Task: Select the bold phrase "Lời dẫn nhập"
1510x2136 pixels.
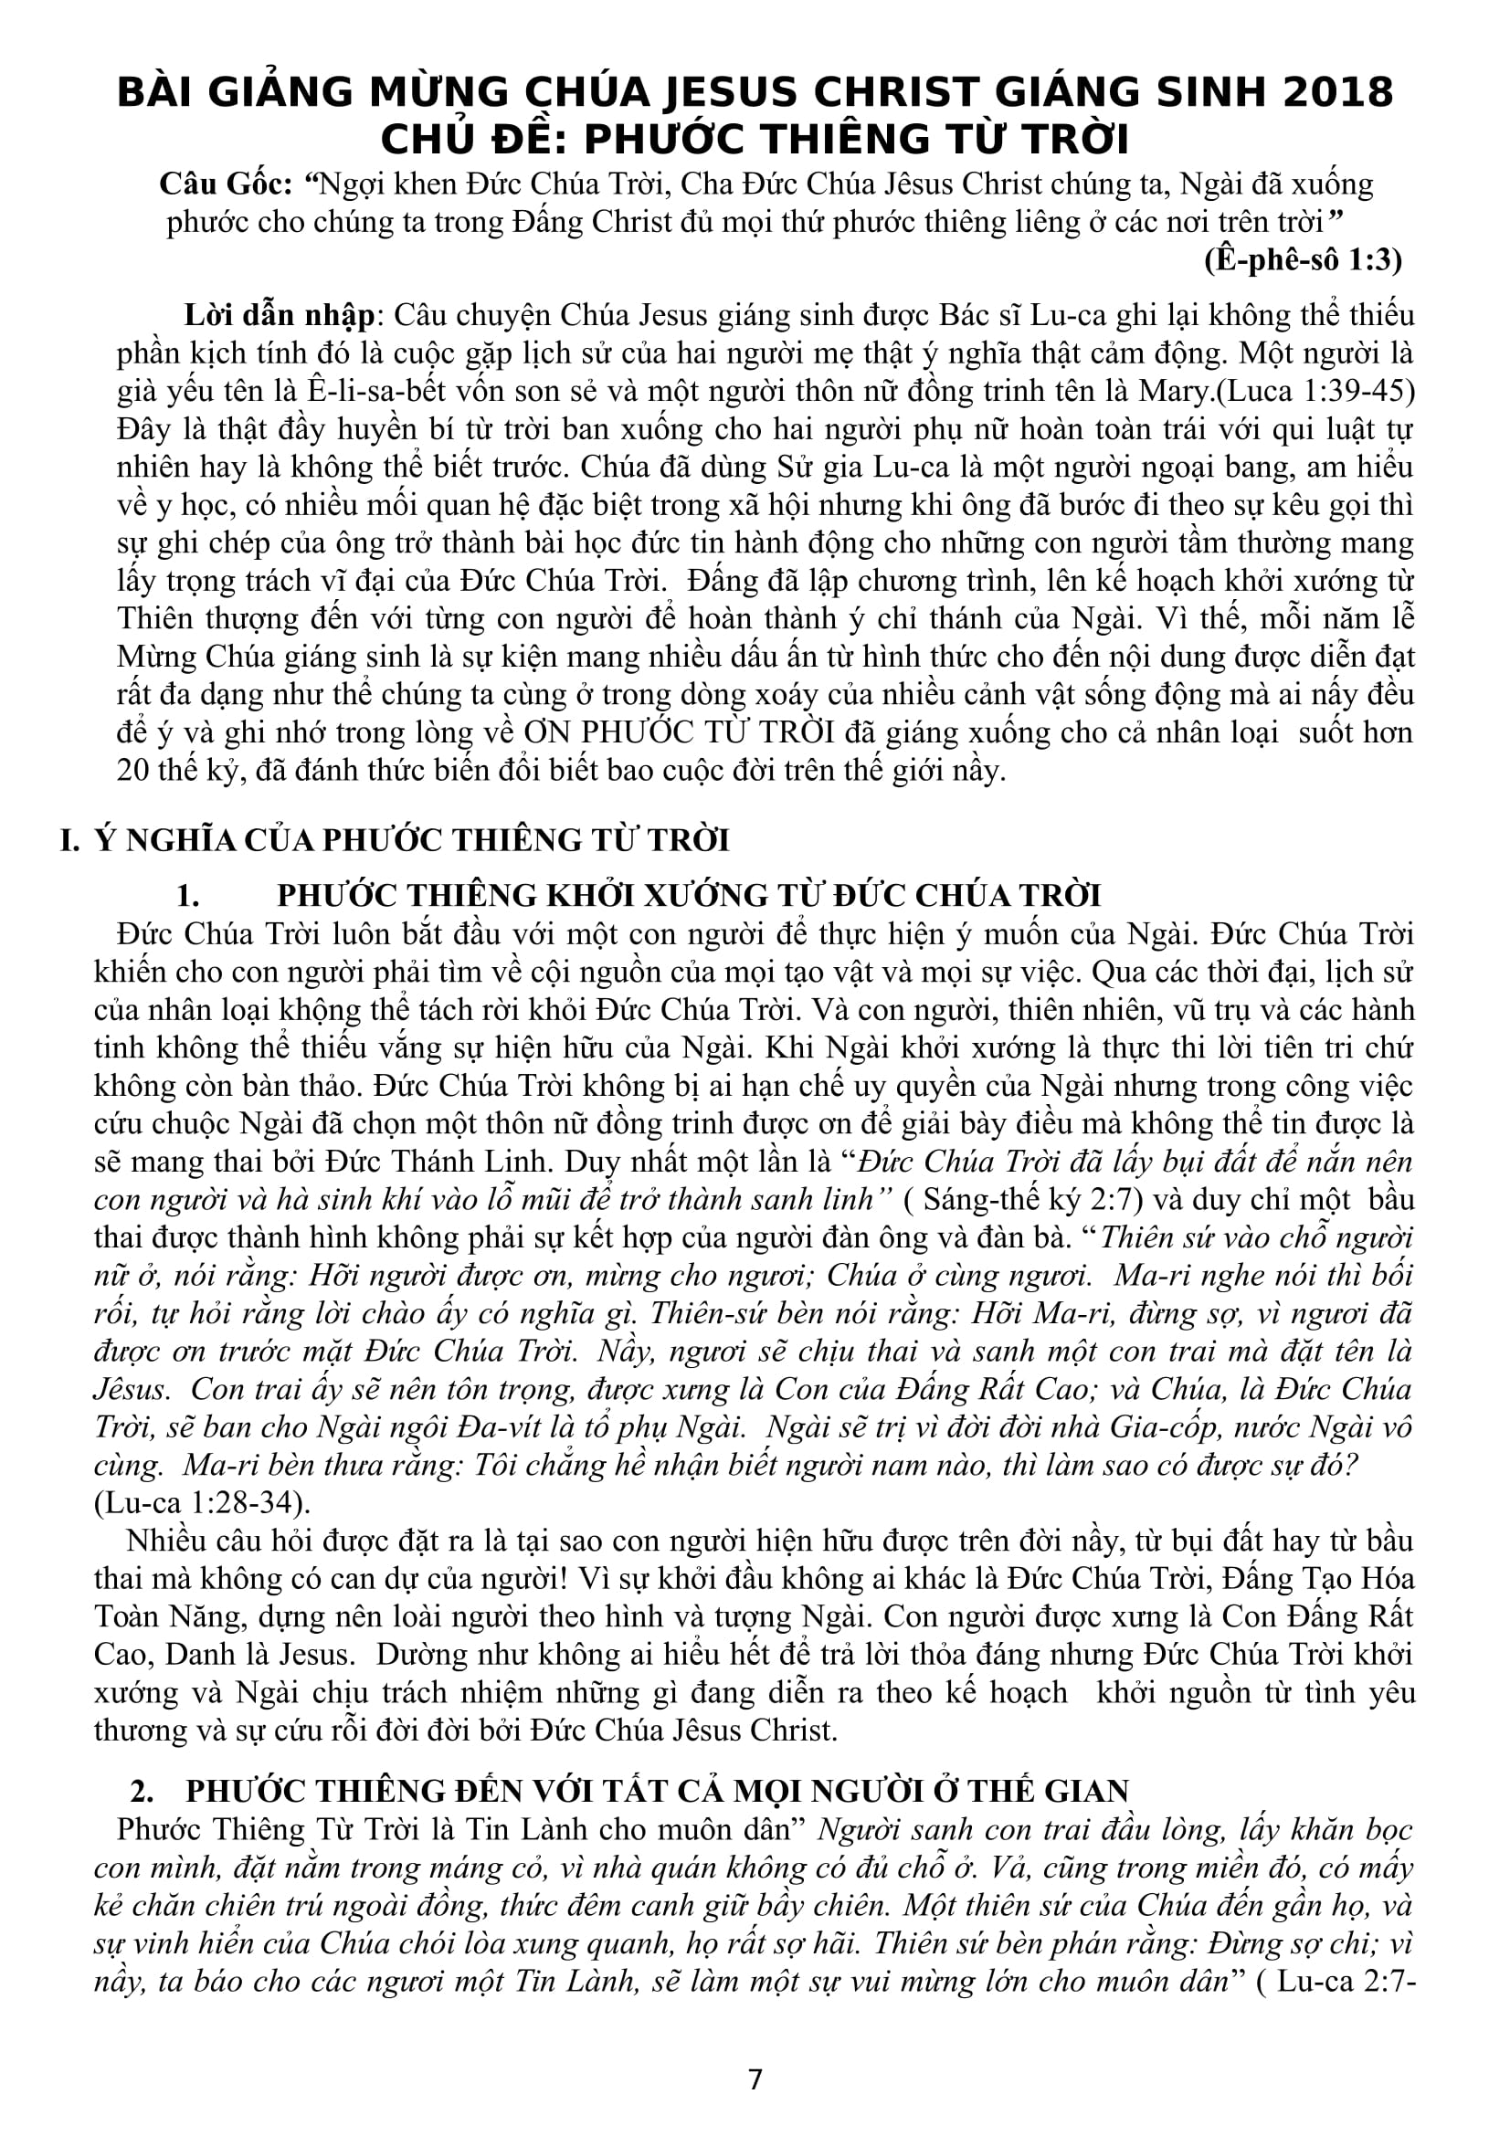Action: pyautogui.click(x=279, y=315)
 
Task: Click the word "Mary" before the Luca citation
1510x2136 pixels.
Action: pyautogui.click(x=1173, y=392)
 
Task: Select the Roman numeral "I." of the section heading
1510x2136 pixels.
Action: pyautogui.click(x=69, y=840)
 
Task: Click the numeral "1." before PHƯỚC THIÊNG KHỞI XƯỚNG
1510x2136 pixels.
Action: pyautogui.click(x=189, y=896)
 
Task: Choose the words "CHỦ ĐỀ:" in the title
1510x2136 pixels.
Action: pyautogui.click(x=467, y=140)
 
